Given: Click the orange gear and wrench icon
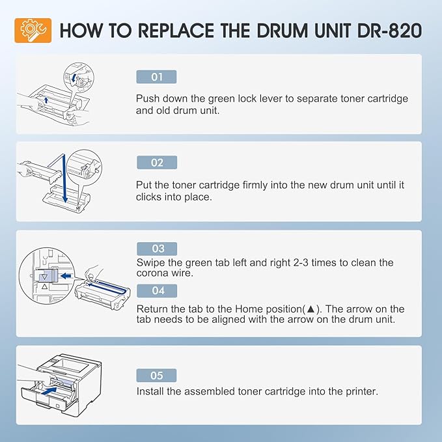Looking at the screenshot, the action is tap(33, 31).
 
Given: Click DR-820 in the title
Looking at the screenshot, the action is tap(389, 31).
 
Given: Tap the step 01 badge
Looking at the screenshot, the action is tap(156, 77).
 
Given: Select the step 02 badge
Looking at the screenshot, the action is tap(157, 163).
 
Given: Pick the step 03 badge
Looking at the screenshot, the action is tap(157, 249).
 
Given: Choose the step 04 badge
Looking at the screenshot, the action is tap(157, 290).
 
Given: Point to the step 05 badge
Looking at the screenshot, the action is tap(156, 376).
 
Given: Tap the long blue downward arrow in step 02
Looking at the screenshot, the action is tap(64, 179).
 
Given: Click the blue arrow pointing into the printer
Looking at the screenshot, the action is tap(49, 391).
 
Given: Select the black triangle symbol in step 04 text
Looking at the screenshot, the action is tap(311, 309).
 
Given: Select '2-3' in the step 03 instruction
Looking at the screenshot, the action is tap(301, 263).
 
